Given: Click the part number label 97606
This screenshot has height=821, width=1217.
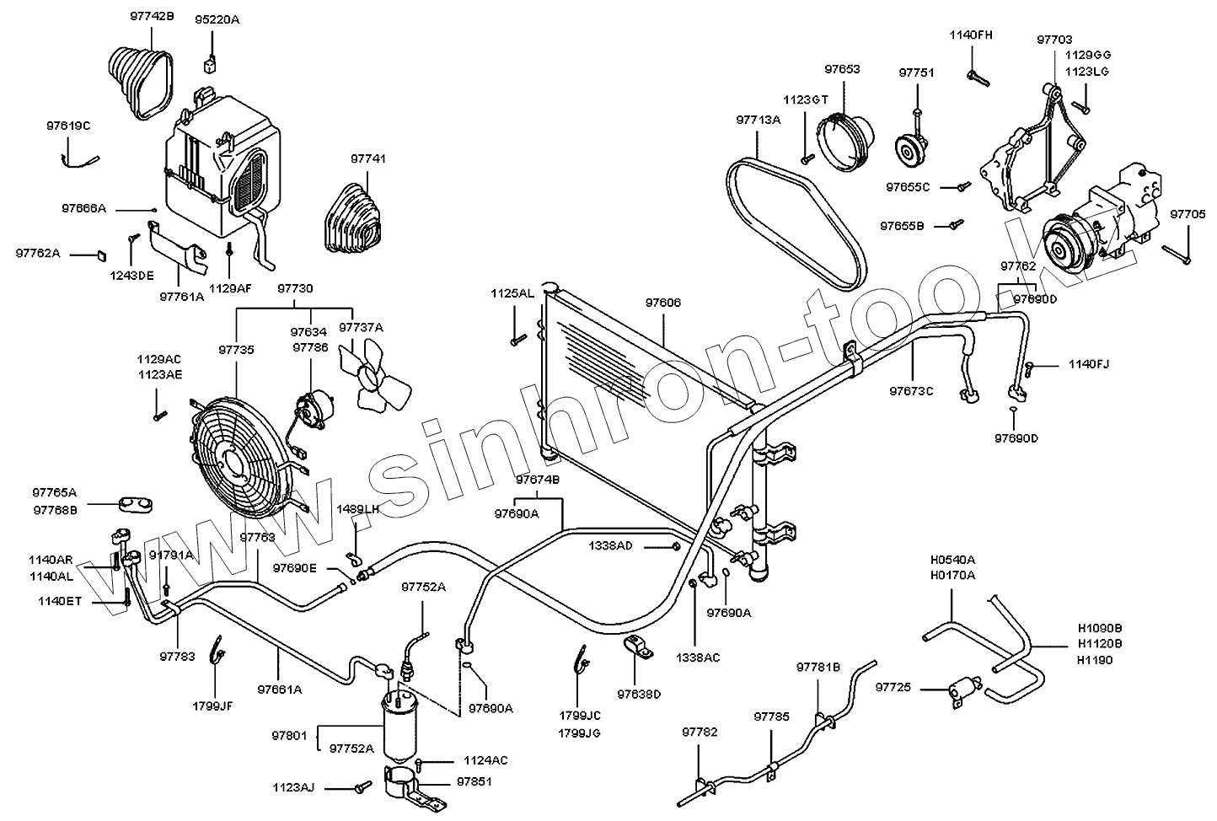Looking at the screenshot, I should tap(663, 303).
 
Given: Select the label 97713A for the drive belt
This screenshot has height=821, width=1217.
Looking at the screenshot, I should tap(759, 121).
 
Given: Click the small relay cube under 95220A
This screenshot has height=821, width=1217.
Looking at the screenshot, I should tap(210, 65).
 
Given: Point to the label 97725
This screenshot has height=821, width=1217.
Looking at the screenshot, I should tap(894, 689).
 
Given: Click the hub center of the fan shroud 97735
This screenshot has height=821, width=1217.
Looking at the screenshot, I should tap(231, 459).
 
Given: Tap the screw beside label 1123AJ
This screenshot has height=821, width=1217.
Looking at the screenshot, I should tap(363, 786).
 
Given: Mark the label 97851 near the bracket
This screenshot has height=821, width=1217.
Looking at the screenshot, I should tap(474, 782).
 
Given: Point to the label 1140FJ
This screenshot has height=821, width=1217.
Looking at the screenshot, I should tap(1089, 364).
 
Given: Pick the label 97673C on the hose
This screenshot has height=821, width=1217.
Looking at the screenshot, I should tap(912, 391).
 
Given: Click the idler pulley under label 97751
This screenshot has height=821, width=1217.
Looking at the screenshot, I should tap(909, 153).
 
